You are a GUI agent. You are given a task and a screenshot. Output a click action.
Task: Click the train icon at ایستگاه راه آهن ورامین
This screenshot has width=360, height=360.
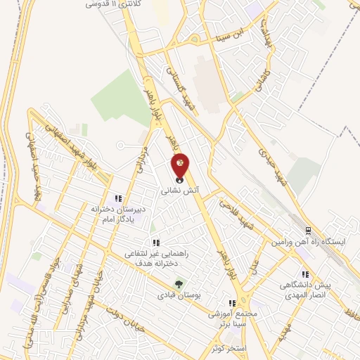[307, 231]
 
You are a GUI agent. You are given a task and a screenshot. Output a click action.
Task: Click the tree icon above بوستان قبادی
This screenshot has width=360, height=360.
[179, 284]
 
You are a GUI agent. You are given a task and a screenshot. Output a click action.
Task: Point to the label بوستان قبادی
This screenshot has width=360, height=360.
[179, 295]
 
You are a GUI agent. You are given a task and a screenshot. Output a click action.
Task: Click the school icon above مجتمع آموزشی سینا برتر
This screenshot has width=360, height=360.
[231, 302]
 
